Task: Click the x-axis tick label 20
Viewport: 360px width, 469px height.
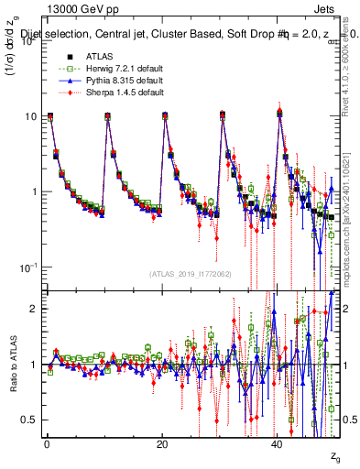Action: point(162,444)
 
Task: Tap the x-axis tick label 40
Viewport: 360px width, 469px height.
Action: point(278,444)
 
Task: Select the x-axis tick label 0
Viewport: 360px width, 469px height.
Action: point(47,444)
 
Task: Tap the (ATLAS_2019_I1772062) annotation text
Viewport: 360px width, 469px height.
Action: point(191,273)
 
